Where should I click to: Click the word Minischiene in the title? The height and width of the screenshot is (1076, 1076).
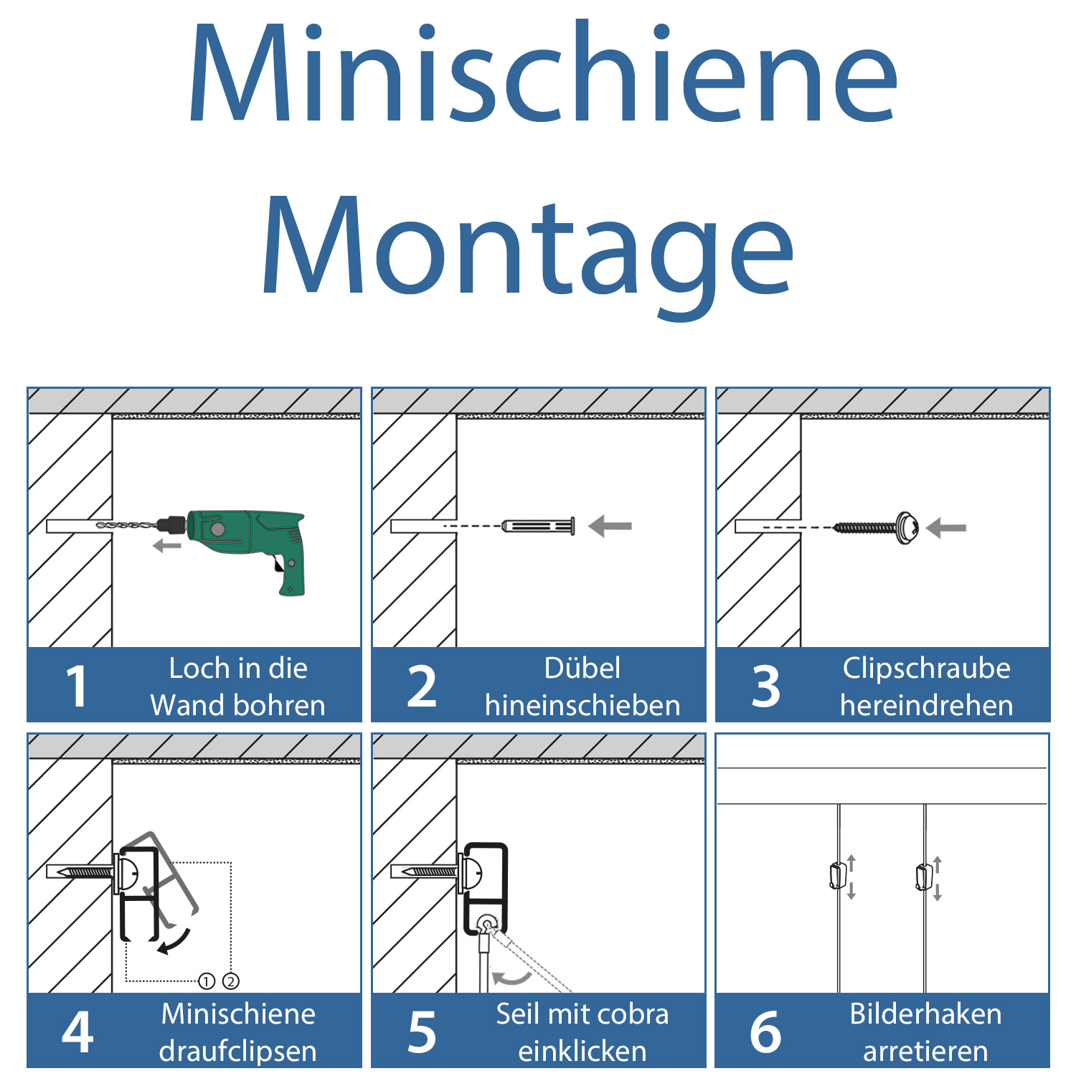pyautogui.click(x=542, y=73)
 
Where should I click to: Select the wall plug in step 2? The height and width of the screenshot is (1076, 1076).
pyautogui.click(x=539, y=526)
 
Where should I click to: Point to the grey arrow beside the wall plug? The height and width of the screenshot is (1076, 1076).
pyautogui.click(x=610, y=526)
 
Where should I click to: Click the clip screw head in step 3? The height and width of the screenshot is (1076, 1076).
pyautogui.click(x=907, y=528)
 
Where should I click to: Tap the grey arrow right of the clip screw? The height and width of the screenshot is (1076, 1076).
pyautogui.click(x=946, y=528)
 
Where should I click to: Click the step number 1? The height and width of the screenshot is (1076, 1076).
pyautogui.click(x=76, y=686)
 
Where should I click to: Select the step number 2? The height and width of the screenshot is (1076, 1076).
pyautogui.click(x=422, y=686)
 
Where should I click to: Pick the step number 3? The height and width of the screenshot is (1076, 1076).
pyautogui.click(x=766, y=686)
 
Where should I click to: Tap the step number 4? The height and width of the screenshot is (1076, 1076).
pyautogui.click(x=77, y=1032)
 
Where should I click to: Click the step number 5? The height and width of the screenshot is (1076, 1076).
pyautogui.click(x=422, y=1032)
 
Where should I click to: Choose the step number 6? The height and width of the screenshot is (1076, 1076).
pyautogui.click(x=766, y=1032)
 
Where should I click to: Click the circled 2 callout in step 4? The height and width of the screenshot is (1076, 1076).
pyautogui.click(x=231, y=981)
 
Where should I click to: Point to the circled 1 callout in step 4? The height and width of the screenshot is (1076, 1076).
pyautogui.click(x=207, y=981)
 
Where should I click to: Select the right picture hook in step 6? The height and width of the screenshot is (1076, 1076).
pyautogui.click(x=924, y=877)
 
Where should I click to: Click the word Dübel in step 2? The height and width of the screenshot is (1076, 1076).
pyautogui.click(x=582, y=668)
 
